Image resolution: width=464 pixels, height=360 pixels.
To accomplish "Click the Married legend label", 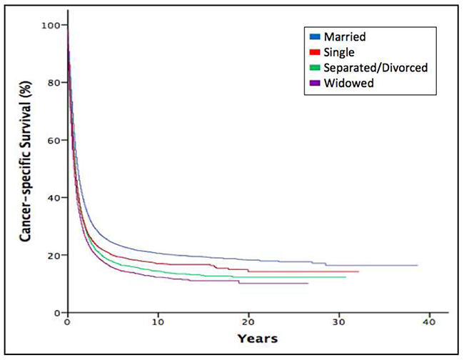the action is (x=345, y=36).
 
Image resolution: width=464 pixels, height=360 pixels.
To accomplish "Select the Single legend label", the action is (x=339, y=52).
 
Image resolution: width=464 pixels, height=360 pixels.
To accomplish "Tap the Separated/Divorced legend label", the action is (x=375, y=68).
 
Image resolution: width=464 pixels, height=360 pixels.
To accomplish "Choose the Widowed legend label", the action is (x=348, y=83).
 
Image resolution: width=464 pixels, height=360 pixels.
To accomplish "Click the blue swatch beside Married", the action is (x=315, y=36).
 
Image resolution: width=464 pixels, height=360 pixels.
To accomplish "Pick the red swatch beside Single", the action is (x=315, y=52).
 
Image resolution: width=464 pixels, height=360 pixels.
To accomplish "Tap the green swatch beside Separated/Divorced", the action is (x=315, y=68).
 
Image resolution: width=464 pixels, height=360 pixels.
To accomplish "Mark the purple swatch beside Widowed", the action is (x=315, y=83).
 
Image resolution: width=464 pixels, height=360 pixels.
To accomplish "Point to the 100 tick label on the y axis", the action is (x=50, y=26).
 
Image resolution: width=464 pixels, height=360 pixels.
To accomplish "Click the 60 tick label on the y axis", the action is (x=54, y=140).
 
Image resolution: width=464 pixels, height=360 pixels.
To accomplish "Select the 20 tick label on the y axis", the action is (x=54, y=255).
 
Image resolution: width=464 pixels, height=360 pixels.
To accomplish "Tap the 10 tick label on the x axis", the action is (x=158, y=322).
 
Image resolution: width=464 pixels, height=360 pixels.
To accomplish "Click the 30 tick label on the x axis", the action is (x=339, y=322).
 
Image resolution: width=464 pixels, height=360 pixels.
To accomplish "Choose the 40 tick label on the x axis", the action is (x=429, y=322).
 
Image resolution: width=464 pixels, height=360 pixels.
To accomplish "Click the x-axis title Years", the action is (x=258, y=339).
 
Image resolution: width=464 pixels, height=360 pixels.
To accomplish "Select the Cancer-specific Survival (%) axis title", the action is (x=26, y=161).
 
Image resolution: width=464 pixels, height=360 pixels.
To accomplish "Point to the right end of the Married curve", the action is (x=418, y=265).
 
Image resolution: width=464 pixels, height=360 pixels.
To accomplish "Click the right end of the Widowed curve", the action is (x=308, y=284).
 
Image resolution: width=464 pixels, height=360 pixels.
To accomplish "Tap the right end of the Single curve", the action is (x=358, y=271).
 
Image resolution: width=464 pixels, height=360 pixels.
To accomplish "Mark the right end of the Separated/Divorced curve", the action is (x=346, y=277).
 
